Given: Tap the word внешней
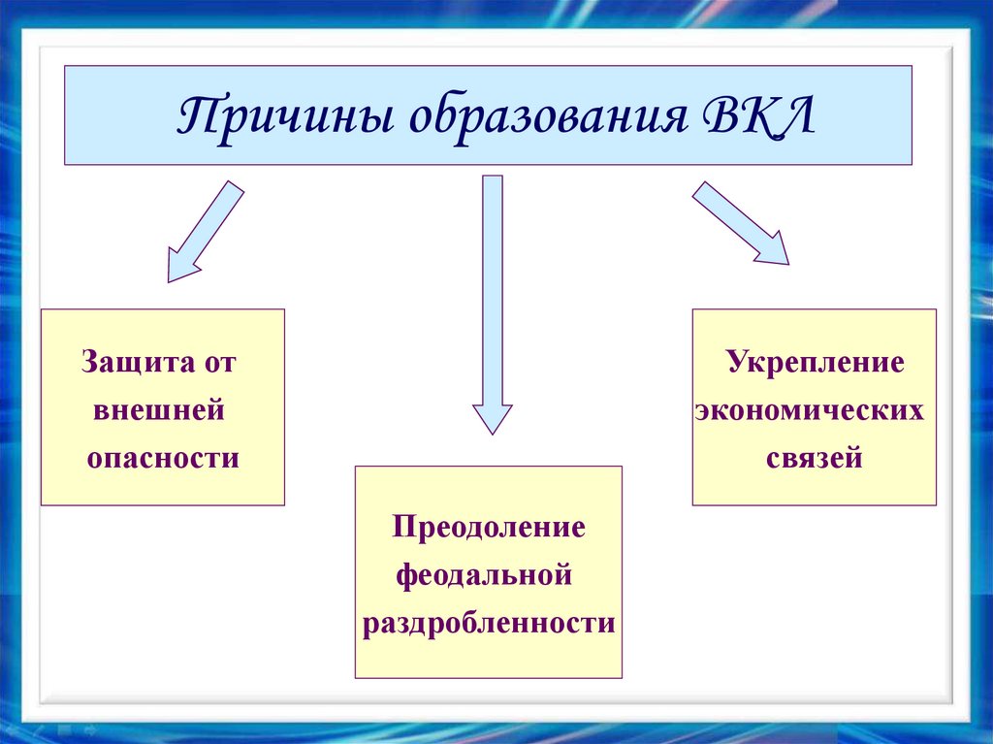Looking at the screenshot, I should (160, 410).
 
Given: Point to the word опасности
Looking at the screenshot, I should (163, 457).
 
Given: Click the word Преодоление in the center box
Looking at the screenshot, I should (489, 528).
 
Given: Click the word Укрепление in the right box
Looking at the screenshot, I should (816, 364).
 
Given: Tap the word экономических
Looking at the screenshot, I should (811, 410).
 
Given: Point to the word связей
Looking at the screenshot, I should (815, 457).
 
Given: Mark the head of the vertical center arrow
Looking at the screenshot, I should (493, 417).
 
